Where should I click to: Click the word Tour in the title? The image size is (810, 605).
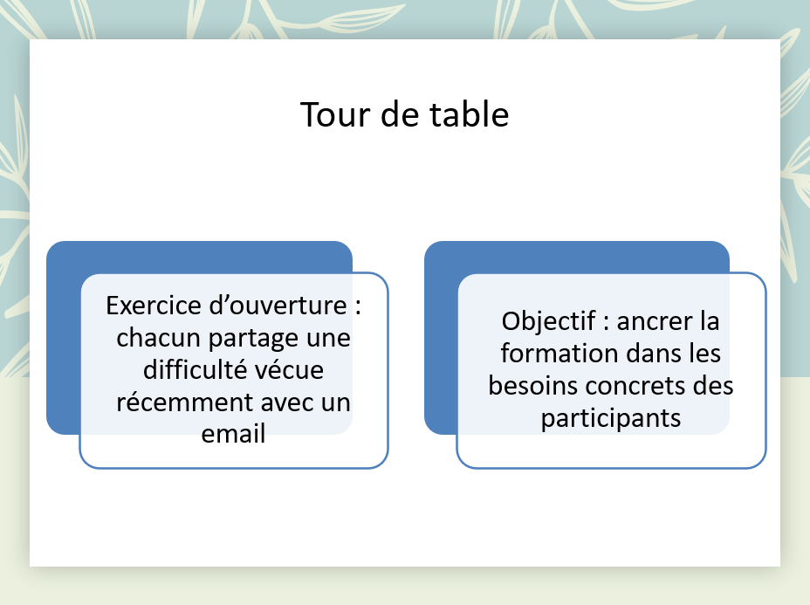click(336, 114)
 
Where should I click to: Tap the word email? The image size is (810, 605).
click(233, 434)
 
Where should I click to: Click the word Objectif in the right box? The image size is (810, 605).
click(549, 322)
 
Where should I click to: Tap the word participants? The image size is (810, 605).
click(611, 419)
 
